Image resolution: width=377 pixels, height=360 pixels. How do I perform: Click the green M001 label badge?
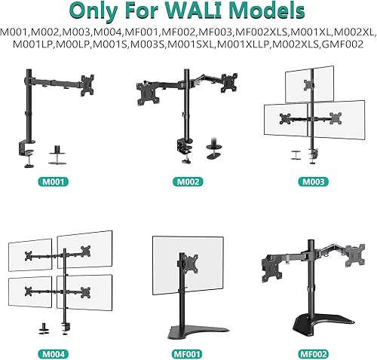pos(57,182)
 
